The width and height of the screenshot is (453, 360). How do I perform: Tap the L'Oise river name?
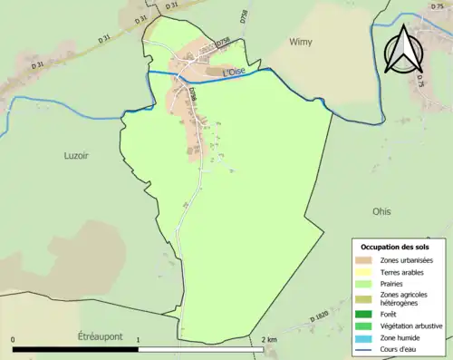pos(234,72)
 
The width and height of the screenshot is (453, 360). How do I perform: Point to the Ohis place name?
pos(381,211)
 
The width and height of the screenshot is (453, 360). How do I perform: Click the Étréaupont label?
pos(100,336)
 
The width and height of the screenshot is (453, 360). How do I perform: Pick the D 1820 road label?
pos(320,320)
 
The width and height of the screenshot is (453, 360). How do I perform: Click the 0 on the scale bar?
pos(14,340)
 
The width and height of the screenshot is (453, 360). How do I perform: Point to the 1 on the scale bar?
pos(138,340)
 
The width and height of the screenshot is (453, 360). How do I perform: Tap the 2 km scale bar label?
pos(268,340)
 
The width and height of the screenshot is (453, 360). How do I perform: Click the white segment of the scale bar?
pos(199,349)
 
